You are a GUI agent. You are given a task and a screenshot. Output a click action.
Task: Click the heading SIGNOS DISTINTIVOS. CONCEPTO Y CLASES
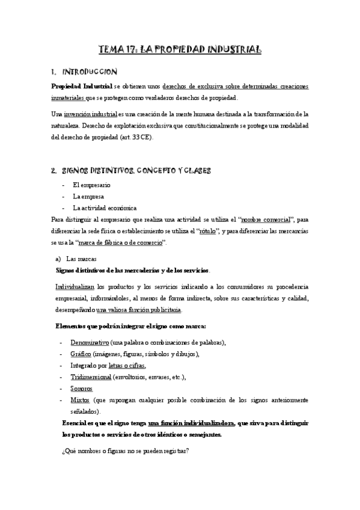coord(138,171)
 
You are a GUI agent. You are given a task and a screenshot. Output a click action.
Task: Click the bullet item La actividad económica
coord(105,208)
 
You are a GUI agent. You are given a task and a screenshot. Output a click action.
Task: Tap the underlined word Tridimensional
coord(91,377)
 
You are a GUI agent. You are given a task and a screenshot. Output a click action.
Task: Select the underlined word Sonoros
coord(81,389)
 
